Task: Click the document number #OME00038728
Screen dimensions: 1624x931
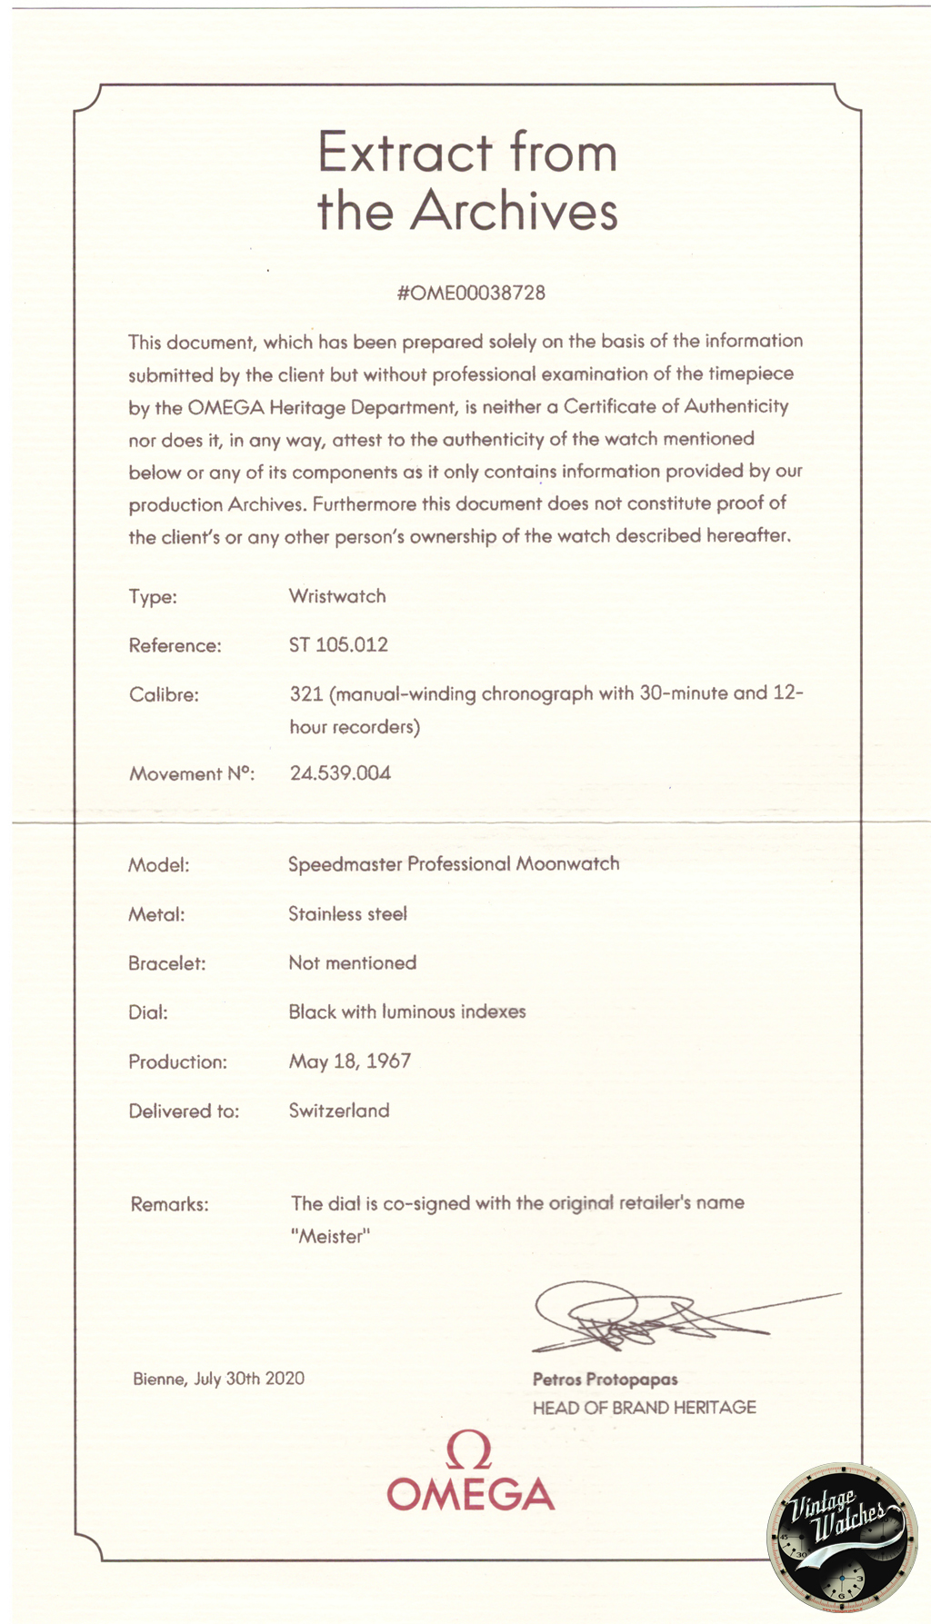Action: click(471, 293)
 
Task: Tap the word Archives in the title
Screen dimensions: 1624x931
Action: click(514, 211)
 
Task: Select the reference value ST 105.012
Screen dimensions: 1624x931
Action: click(338, 645)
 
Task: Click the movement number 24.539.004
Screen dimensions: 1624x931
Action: click(340, 773)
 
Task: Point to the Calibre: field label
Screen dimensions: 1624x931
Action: click(164, 695)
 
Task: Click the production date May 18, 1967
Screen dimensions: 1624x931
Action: click(350, 1061)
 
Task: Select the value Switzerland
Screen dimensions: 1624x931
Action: click(339, 1111)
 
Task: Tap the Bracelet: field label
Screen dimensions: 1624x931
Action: click(167, 963)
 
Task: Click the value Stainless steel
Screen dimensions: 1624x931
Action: click(347, 914)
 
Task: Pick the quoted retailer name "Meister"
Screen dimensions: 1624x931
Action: click(331, 1237)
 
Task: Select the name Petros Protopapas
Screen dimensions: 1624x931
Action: click(606, 1380)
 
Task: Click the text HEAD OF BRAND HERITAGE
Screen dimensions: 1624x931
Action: click(645, 1408)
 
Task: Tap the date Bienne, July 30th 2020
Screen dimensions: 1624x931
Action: click(219, 1379)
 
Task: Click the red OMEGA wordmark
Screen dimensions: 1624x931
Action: click(471, 1495)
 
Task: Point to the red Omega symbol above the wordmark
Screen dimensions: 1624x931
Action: click(469, 1450)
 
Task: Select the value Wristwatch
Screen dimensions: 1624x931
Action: click(337, 596)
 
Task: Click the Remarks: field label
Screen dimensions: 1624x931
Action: click(170, 1205)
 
